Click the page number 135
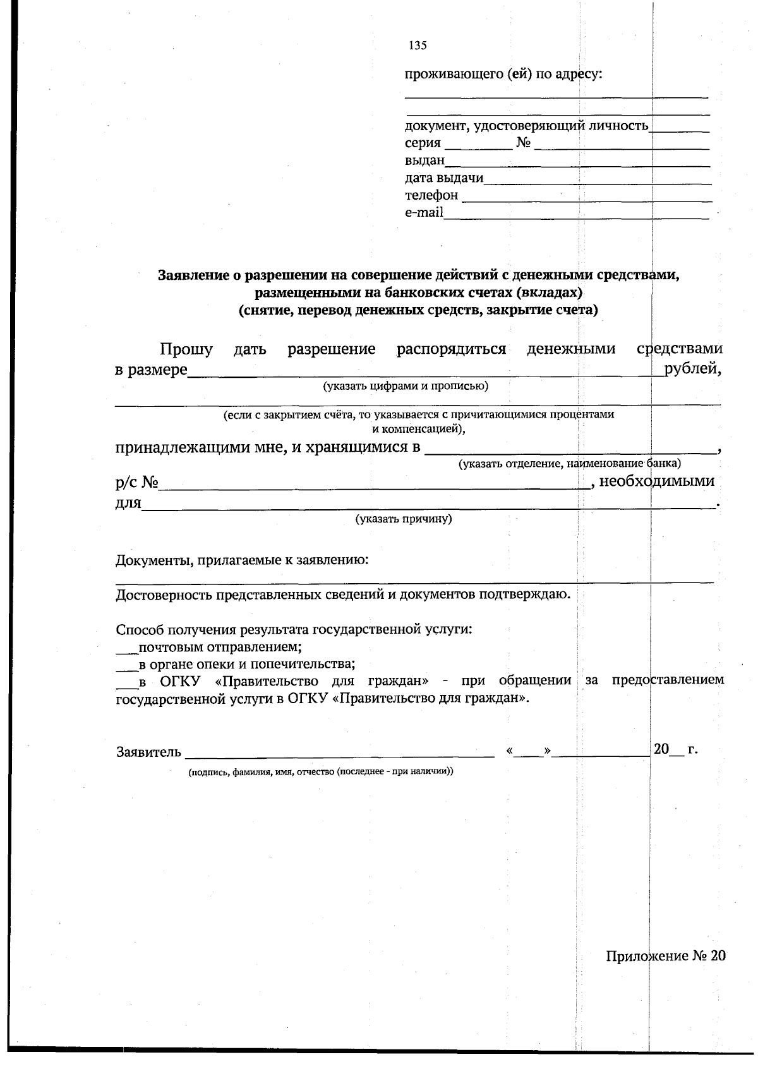tap(418, 45)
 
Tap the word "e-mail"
tap(424, 212)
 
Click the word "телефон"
tap(431, 195)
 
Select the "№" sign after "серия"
tap(522, 143)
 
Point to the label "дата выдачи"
tap(444, 178)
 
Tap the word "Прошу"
tap(186, 349)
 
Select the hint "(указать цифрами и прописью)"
tap(405, 385)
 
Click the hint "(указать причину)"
tap(404, 519)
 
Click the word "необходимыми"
tap(656, 481)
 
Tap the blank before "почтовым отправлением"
tap(126, 648)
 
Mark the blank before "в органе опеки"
tap(126, 665)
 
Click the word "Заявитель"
tap(149, 752)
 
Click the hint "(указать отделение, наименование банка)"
tap(569, 464)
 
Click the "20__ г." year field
tap(675, 750)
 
